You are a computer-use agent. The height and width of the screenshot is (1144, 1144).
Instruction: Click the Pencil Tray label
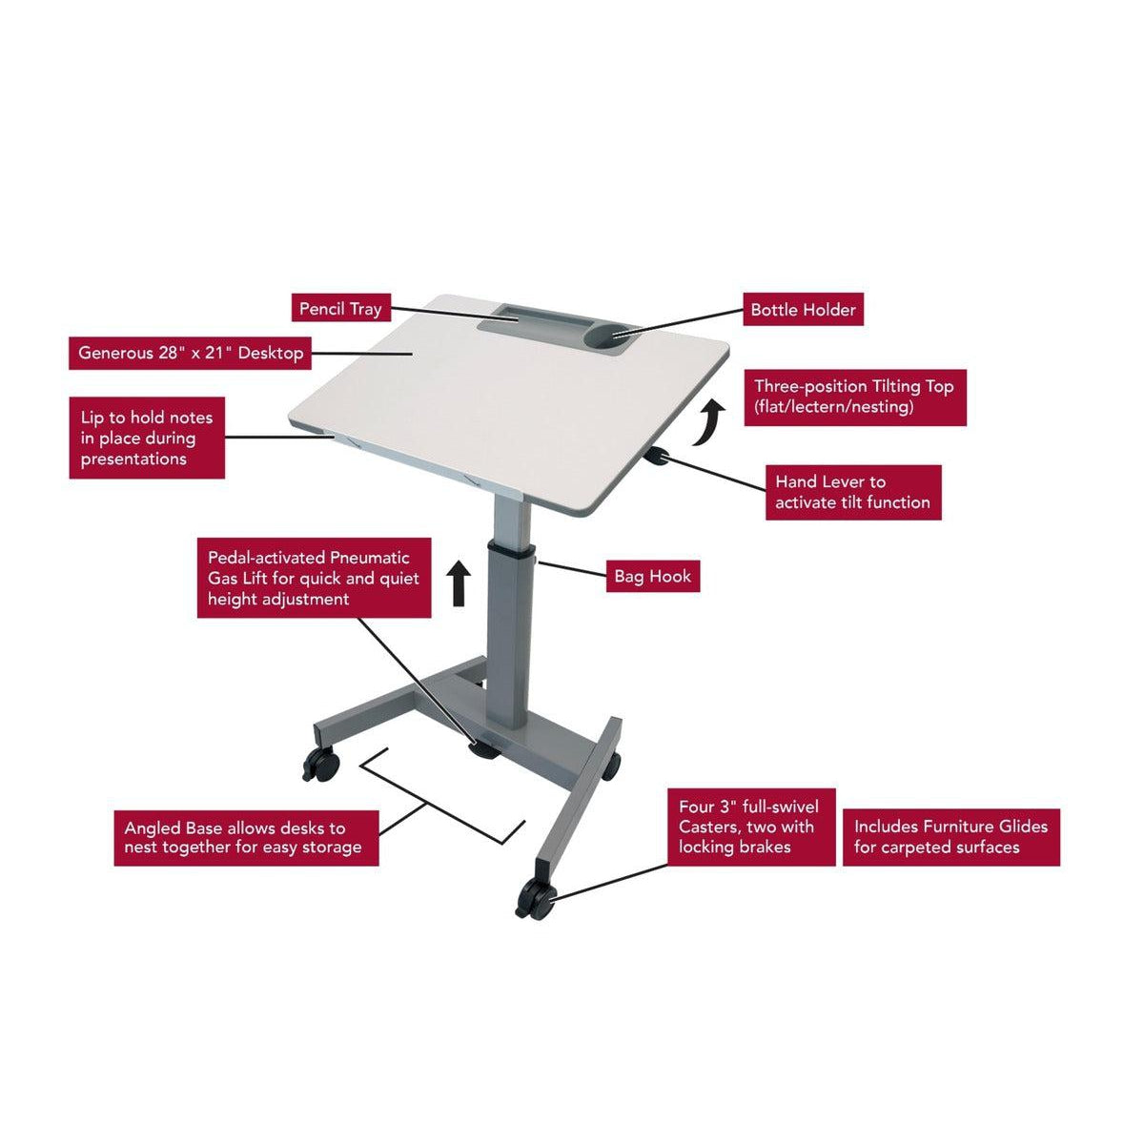click(339, 309)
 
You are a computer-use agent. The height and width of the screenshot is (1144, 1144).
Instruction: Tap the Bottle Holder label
click(803, 309)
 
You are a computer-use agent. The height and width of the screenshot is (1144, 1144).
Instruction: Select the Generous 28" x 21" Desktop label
click(191, 353)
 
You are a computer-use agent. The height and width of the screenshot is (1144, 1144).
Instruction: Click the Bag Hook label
click(653, 576)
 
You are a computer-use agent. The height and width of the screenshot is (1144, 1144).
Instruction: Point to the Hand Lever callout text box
click(852, 492)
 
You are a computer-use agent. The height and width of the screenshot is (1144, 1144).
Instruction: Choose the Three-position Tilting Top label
click(854, 397)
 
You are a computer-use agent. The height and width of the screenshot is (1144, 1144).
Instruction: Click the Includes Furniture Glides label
click(950, 836)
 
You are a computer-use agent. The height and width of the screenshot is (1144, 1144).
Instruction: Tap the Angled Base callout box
click(246, 836)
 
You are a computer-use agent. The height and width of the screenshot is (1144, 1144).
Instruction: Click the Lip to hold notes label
click(147, 438)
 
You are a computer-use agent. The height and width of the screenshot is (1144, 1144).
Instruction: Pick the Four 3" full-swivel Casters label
click(748, 826)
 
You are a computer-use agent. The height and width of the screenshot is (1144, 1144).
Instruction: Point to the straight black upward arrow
click(460, 582)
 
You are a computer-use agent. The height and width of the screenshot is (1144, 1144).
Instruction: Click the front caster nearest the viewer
click(534, 899)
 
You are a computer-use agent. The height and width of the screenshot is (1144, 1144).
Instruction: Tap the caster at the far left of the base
click(321, 762)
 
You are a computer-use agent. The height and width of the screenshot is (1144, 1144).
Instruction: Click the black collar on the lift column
click(509, 549)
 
